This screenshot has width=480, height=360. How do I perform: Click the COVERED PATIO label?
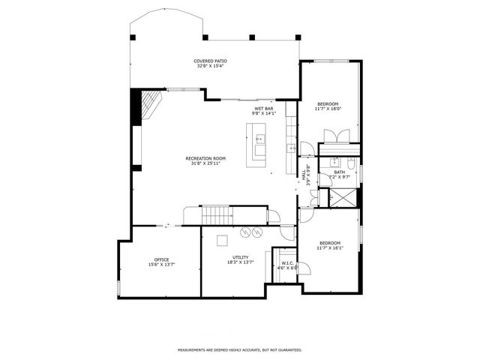click(x=210, y=61)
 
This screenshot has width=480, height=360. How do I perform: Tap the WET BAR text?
click(x=263, y=109)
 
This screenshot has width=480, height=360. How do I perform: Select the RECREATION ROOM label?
click(x=205, y=158)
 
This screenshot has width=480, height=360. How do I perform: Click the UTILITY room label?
click(x=240, y=257)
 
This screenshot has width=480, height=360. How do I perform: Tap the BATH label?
click(x=340, y=172)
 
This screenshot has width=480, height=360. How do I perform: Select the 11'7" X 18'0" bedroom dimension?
click(x=328, y=109)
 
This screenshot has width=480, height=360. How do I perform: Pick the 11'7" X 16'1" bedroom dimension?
click(x=330, y=247)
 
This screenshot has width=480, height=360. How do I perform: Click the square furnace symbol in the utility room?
click(x=223, y=240)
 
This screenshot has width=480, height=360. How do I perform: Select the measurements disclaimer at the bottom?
click(x=239, y=349)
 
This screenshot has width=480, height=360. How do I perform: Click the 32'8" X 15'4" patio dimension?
click(x=210, y=66)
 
